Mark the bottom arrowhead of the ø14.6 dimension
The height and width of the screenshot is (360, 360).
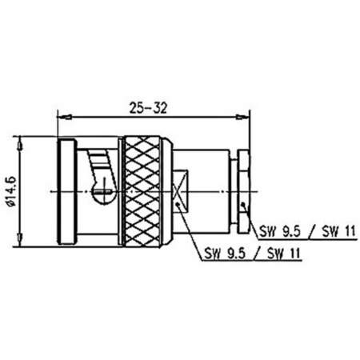point(21,242)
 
